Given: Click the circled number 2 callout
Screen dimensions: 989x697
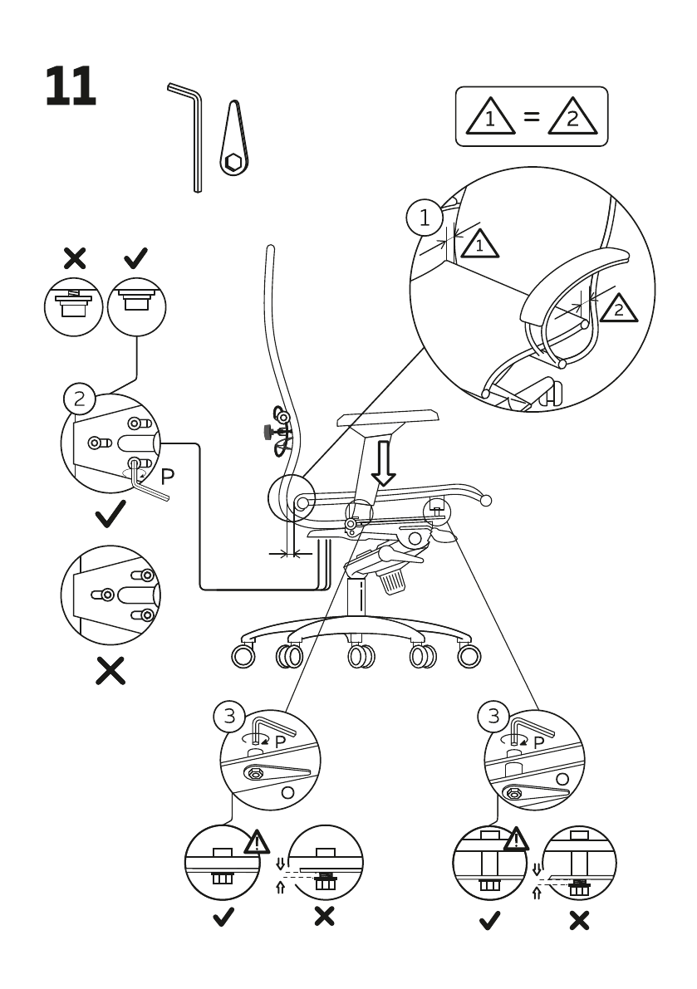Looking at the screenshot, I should [x=79, y=399].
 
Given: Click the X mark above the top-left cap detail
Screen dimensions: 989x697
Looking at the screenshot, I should [x=75, y=258].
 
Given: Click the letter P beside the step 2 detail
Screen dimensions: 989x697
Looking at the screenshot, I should [x=167, y=476].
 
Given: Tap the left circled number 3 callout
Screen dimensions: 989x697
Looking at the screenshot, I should [x=229, y=715].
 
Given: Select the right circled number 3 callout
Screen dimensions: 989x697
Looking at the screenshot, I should [x=495, y=715].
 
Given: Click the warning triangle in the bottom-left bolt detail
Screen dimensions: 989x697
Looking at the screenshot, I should [x=258, y=844].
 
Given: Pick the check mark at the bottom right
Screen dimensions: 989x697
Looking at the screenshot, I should [x=491, y=920].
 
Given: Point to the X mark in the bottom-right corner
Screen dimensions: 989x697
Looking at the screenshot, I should [x=578, y=920].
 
